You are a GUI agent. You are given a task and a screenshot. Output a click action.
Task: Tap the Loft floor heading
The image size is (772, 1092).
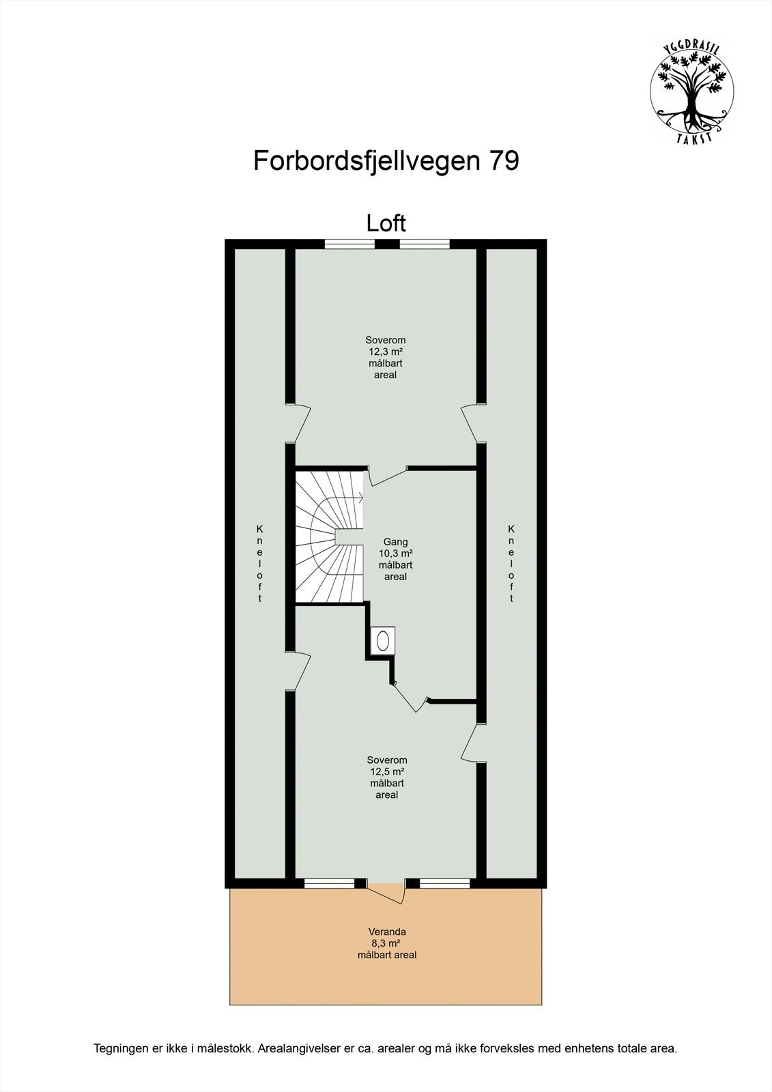386,223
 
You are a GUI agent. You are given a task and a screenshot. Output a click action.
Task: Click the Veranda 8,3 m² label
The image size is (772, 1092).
387,943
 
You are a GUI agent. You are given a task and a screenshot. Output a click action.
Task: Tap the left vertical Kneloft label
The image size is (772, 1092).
259,563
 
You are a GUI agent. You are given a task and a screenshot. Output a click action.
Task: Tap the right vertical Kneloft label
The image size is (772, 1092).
512,563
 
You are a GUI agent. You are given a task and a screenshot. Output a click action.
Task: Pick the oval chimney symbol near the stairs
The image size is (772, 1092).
383,640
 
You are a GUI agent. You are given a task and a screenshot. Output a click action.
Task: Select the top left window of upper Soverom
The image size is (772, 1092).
349,243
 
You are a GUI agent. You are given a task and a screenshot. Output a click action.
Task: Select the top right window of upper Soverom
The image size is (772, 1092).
424,243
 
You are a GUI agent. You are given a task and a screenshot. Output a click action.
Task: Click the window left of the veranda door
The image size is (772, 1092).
329,883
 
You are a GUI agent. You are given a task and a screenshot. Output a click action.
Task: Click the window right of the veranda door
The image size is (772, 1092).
445,883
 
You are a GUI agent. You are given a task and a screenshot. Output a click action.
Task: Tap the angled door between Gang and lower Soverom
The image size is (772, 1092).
410,696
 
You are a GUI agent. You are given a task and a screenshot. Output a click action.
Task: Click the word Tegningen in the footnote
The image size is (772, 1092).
120,1048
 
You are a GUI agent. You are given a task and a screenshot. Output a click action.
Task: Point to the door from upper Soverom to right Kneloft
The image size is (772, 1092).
471,424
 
